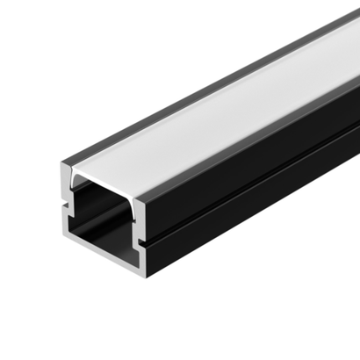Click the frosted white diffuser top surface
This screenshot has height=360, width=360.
coord(220,123)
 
